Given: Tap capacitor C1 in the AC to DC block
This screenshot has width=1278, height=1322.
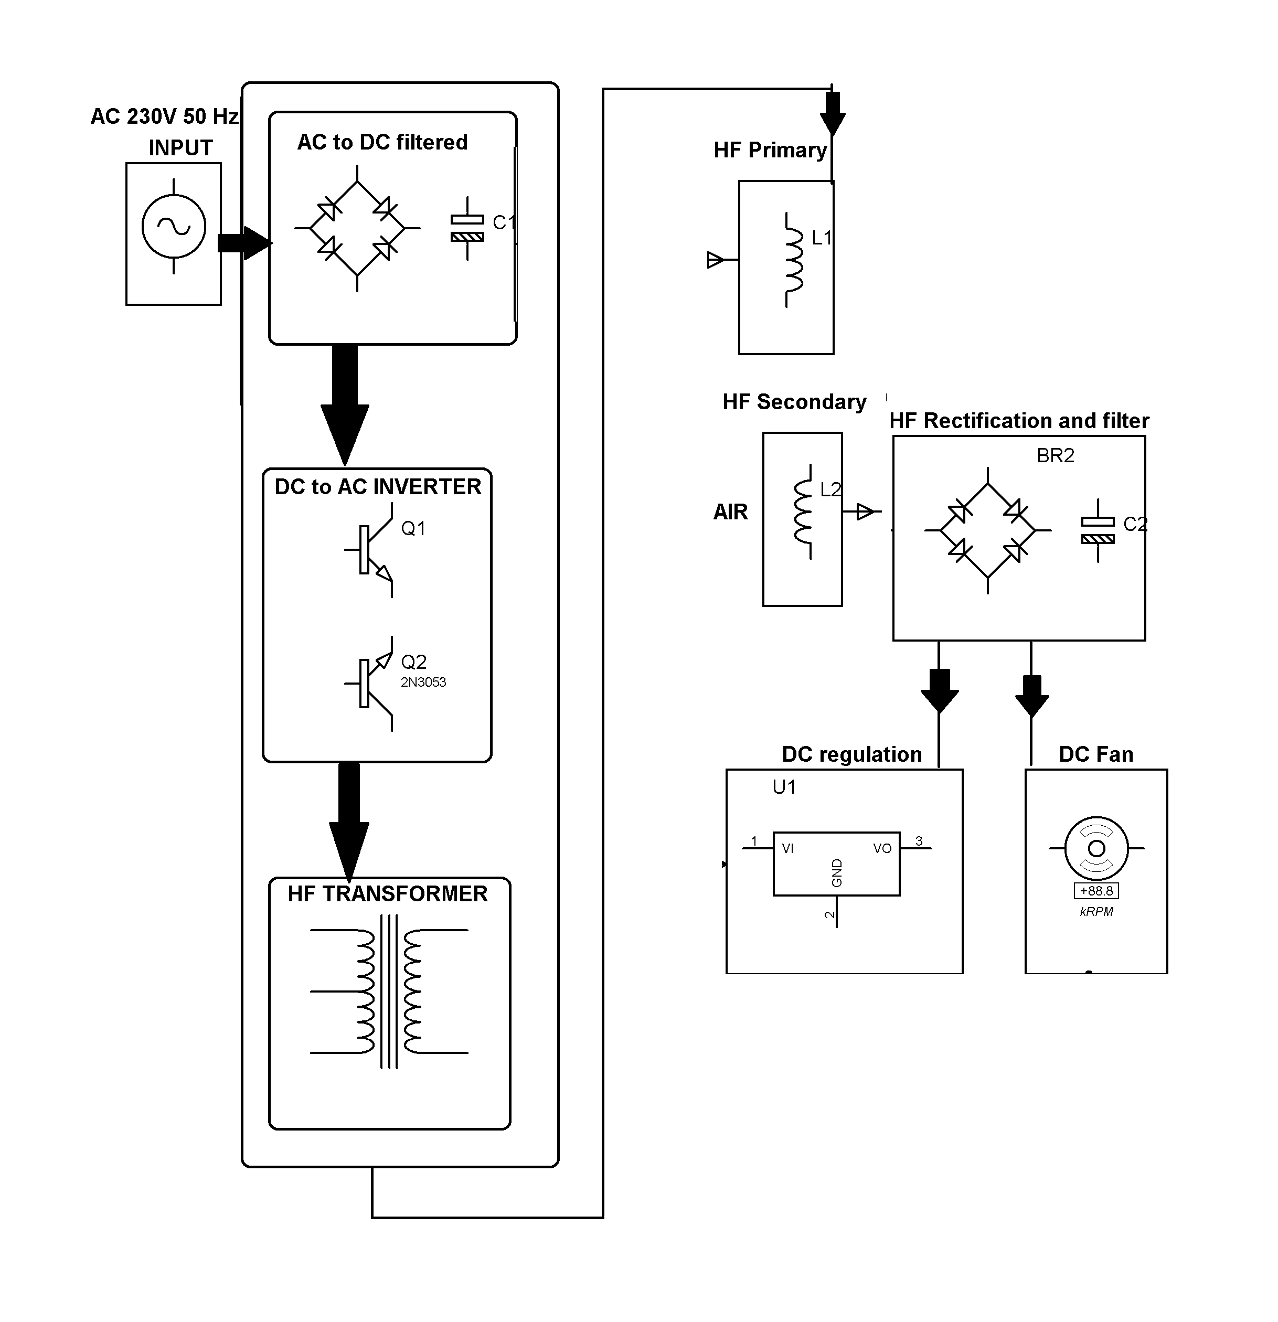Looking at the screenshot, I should (x=467, y=228).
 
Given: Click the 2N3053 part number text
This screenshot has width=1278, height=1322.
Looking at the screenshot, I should (x=423, y=682).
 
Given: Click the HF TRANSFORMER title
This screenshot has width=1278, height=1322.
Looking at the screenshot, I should (x=387, y=894).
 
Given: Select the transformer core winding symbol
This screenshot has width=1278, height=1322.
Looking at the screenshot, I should (x=389, y=991).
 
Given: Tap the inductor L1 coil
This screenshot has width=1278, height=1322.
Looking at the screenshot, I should (x=794, y=260).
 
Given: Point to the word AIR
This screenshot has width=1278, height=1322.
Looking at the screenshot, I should (x=730, y=512).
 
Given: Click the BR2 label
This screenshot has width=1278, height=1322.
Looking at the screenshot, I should (x=1055, y=456).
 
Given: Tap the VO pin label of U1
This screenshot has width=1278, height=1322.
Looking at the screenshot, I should (x=881, y=848).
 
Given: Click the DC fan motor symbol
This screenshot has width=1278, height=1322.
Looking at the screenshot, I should (x=1096, y=848).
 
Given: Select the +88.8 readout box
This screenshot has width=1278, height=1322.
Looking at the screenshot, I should (x=1096, y=891).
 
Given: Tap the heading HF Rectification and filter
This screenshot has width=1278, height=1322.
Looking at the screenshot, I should (x=1018, y=421).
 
